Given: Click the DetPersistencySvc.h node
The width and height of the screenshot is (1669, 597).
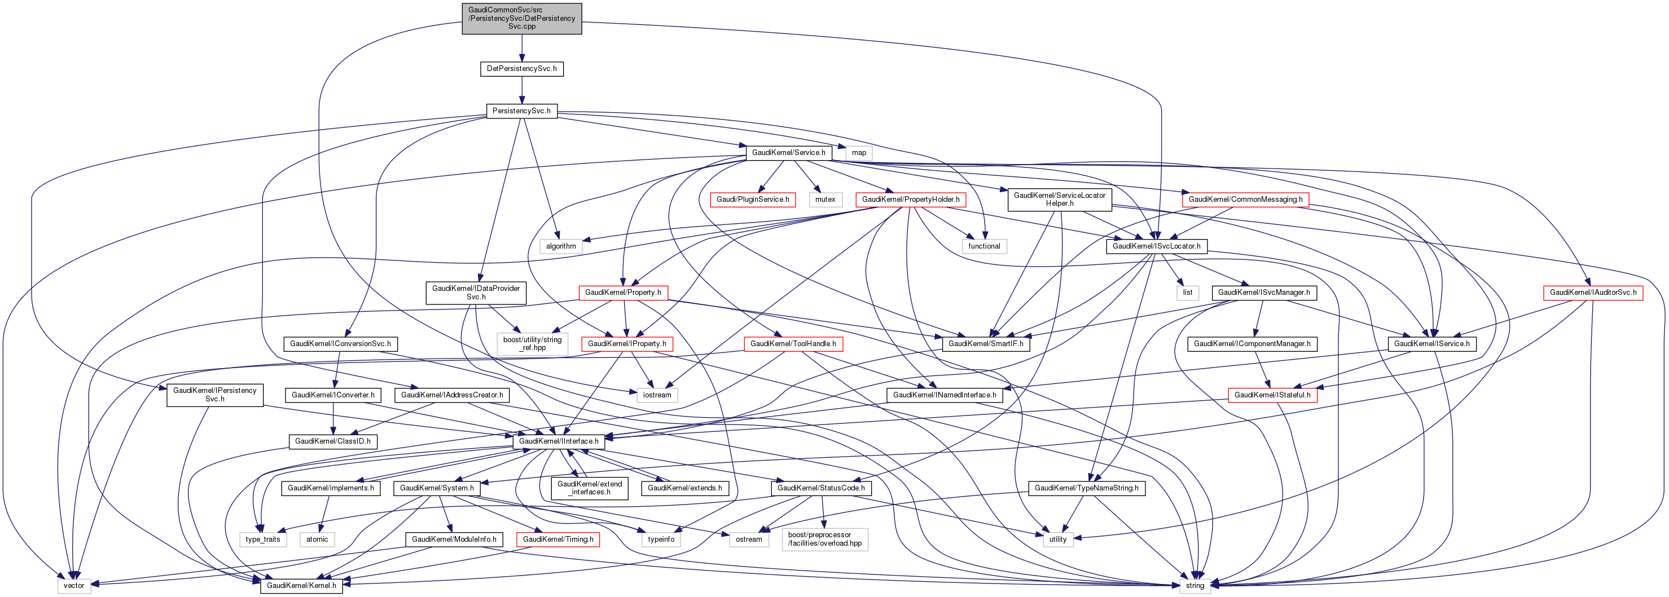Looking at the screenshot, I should click(521, 69).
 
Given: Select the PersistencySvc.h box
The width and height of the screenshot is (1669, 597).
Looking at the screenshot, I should click(521, 110).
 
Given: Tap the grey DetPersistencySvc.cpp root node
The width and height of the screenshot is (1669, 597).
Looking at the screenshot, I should click(521, 19).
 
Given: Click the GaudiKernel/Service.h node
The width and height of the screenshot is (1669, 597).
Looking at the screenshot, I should click(788, 153).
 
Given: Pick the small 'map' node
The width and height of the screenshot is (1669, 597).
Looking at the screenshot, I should click(858, 153).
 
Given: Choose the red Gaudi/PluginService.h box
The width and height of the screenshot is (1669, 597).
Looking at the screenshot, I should click(752, 200).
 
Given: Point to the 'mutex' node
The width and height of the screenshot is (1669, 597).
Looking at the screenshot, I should click(825, 200).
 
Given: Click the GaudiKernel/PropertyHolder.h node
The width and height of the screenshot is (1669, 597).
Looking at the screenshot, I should click(910, 200).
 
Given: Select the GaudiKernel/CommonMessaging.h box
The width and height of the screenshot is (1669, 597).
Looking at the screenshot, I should click(1245, 200).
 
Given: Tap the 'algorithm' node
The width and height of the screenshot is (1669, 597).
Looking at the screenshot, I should click(560, 246).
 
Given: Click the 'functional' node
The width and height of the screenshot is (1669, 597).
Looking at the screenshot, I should click(983, 246).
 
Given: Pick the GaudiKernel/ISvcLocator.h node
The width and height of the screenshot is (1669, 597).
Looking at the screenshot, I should click(1156, 246).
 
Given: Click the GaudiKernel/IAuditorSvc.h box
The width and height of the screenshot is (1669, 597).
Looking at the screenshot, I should click(1593, 293).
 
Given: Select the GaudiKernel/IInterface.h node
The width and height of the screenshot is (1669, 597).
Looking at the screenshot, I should click(559, 441).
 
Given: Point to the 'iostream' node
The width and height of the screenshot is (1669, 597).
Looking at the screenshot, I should click(657, 395).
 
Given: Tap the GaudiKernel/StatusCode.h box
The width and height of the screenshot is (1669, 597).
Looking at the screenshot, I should click(820, 488).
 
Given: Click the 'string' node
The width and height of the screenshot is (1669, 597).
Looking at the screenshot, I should click(1194, 585).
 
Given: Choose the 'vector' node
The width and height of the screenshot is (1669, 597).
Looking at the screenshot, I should click(74, 585).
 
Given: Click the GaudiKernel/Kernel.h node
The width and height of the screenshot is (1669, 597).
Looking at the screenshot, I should click(301, 585).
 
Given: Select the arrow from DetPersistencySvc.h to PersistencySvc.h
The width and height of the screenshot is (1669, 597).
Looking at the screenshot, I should click(521, 90).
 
